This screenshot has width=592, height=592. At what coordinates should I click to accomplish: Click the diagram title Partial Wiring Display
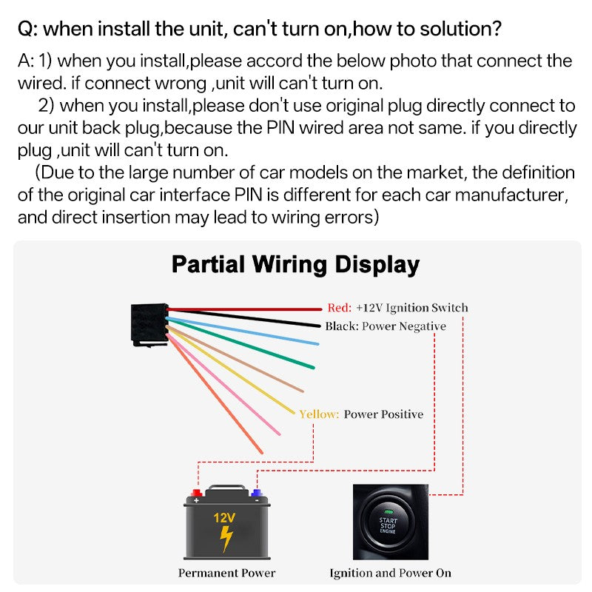click(295, 264)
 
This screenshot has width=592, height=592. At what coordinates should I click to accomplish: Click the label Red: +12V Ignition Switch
click(397, 308)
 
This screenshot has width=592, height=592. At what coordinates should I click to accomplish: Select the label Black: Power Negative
click(385, 326)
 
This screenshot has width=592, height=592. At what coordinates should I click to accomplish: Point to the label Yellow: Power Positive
click(361, 414)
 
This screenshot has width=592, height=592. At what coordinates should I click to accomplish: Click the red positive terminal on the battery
click(198, 492)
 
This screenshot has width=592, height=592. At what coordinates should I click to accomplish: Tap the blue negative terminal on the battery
click(257, 492)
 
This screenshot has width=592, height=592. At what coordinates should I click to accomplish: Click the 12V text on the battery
click(225, 518)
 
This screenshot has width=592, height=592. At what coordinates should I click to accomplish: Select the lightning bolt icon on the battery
click(226, 539)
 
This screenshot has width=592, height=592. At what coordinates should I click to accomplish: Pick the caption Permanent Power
click(226, 573)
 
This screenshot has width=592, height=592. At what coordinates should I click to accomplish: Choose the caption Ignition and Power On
click(390, 573)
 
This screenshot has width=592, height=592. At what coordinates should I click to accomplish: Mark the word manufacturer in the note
click(511, 196)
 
